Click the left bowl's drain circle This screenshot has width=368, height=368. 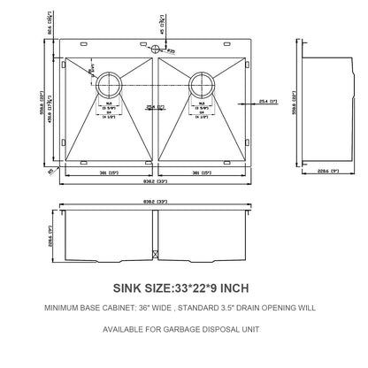pos(111,85)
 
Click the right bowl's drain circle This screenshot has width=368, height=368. pos(200,85)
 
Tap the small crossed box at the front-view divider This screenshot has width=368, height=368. pos(156,256)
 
